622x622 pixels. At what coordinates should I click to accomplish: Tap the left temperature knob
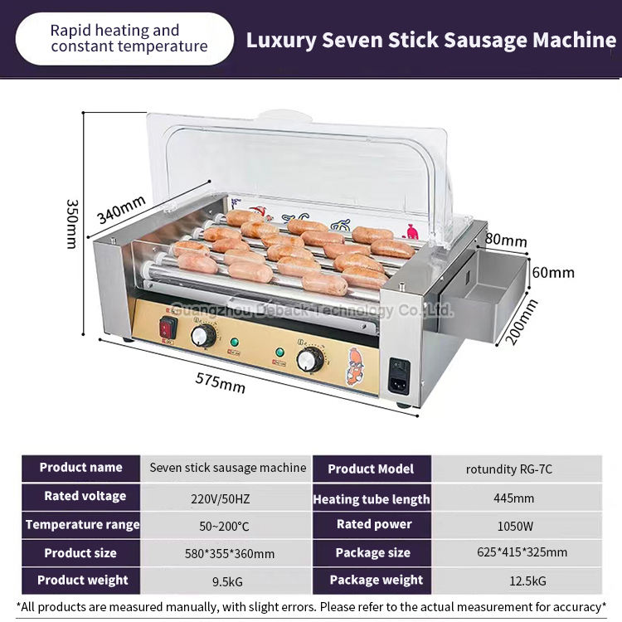(x=203, y=336)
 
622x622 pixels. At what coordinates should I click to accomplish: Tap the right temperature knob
(x=310, y=360)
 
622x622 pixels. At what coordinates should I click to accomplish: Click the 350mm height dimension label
(x=72, y=223)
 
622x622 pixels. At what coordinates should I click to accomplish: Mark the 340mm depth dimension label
(x=121, y=209)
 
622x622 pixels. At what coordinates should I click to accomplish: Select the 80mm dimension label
(x=505, y=241)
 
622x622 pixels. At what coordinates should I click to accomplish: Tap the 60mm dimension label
(x=553, y=271)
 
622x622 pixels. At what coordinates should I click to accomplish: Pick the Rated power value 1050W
(x=517, y=524)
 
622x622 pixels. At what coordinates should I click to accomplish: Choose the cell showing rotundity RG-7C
(x=517, y=469)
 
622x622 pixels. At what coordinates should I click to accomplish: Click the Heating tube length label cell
(x=372, y=498)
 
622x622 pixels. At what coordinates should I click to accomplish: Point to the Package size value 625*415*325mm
(x=517, y=552)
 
